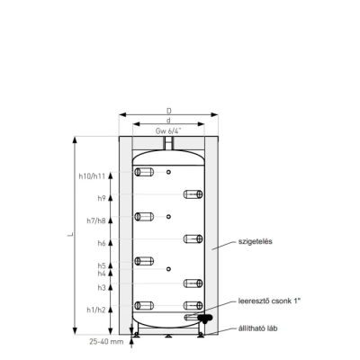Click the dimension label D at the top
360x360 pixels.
coord(169,111)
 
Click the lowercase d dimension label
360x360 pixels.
coord(168,121)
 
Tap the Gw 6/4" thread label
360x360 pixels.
coord(168,130)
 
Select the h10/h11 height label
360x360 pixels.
coord(92,176)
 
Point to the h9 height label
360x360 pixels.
coord(102,198)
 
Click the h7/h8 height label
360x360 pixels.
coord(96,220)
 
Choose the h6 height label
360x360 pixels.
coord(102,243)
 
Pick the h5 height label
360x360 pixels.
coord(102,265)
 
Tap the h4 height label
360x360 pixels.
coord(102,274)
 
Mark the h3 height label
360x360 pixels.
coord(102,287)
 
